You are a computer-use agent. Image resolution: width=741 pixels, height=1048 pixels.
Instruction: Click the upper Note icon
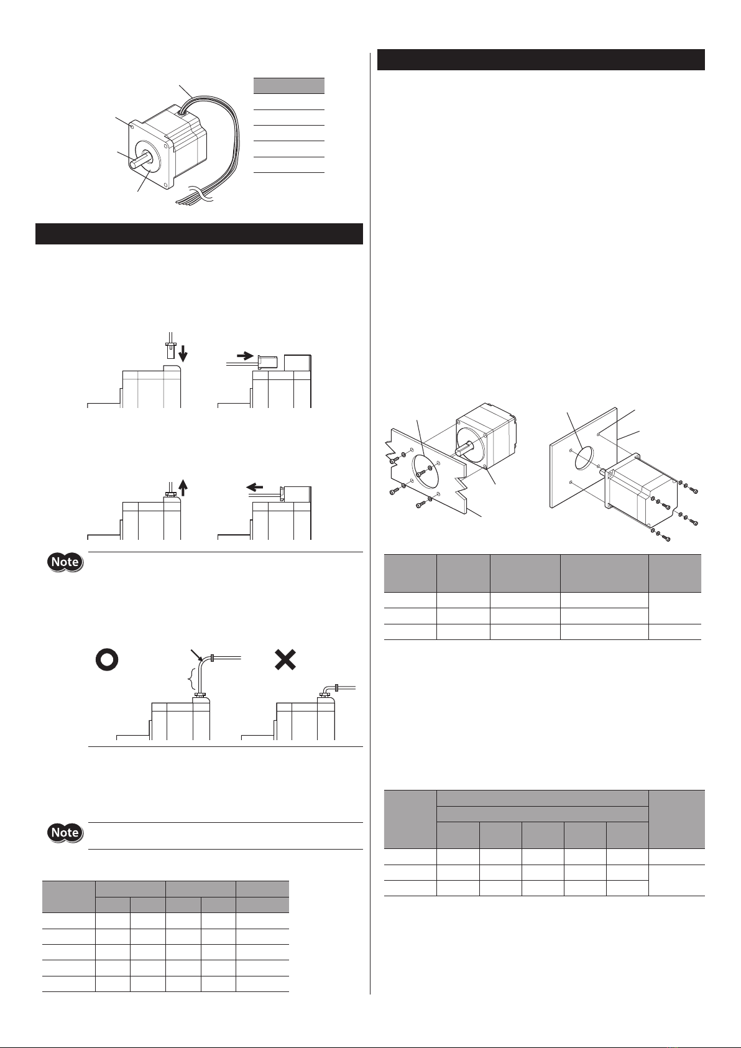(65, 562)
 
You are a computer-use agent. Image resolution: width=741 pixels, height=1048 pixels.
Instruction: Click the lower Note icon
(65, 832)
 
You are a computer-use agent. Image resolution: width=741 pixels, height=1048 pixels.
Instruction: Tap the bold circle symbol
(106, 660)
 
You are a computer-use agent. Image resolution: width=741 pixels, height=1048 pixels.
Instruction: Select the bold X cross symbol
(285, 660)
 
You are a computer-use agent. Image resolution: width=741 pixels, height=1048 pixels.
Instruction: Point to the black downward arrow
(183, 353)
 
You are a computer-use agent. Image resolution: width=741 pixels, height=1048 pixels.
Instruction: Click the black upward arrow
(183, 488)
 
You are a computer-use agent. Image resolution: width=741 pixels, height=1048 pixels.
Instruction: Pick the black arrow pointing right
(246, 356)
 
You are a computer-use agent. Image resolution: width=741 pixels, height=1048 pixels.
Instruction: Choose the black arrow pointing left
(255, 488)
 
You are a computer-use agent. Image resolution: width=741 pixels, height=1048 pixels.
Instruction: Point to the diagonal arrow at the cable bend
(197, 655)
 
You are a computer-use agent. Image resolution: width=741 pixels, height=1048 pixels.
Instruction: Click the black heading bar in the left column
(199, 234)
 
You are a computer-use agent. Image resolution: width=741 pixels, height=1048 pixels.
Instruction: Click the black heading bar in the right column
(541, 60)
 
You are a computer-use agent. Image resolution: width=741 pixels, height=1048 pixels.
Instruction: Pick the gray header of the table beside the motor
(289, 86)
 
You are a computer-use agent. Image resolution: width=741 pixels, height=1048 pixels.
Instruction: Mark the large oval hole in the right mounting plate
(584, 457)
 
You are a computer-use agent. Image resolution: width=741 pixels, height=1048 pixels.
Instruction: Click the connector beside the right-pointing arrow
(267, 362)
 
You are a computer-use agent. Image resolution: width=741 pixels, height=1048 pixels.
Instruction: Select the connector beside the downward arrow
(170, 348)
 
